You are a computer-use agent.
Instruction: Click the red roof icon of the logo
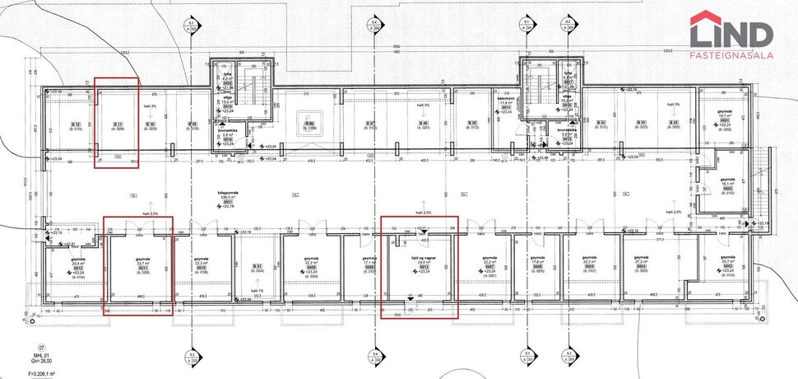[708, 18]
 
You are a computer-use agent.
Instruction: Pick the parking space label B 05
[473, 125]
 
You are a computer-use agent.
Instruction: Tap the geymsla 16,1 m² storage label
[726, 183]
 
